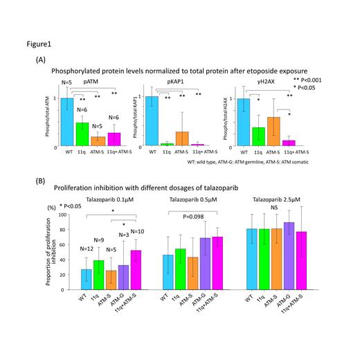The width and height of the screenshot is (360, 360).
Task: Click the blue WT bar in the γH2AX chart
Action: pos(243,122)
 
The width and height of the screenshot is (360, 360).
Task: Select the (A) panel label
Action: pos(39,60)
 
